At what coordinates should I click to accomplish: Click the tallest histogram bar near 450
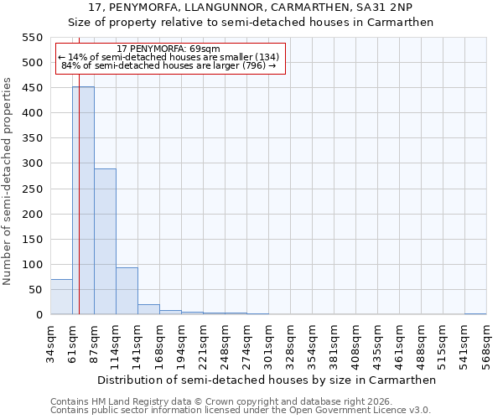[x=83, y=201]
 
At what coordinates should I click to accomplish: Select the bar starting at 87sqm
[x=105, y=242]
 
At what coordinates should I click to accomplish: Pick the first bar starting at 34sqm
[x=61, y=297]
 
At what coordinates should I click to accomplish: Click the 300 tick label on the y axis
[x=31, y=163]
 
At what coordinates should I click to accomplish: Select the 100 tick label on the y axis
[x=31, y=265]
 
